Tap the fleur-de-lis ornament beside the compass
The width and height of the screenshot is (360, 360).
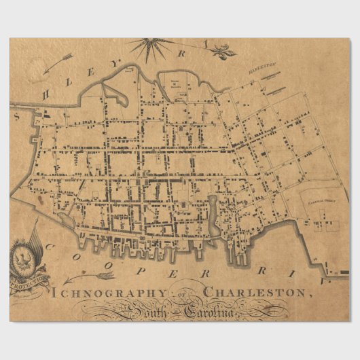[x=222, y=50]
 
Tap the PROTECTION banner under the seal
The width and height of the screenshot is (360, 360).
[x=29, y=278]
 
